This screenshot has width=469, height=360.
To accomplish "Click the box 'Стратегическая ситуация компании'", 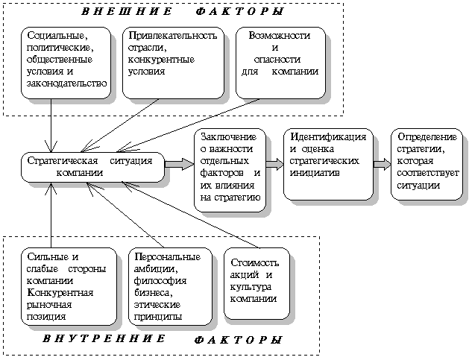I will [92, 166].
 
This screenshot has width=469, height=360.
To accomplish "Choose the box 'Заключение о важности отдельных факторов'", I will [229, 168].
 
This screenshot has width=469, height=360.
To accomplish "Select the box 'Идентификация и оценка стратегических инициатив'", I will [328, 165].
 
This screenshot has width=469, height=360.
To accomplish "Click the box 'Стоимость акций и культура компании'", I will [255, 280].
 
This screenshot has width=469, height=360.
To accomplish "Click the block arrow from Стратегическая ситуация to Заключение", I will [178, 164].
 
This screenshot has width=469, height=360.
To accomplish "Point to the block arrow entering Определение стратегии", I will [382, 164].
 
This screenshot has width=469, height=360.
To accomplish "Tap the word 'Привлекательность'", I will [172, 35].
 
